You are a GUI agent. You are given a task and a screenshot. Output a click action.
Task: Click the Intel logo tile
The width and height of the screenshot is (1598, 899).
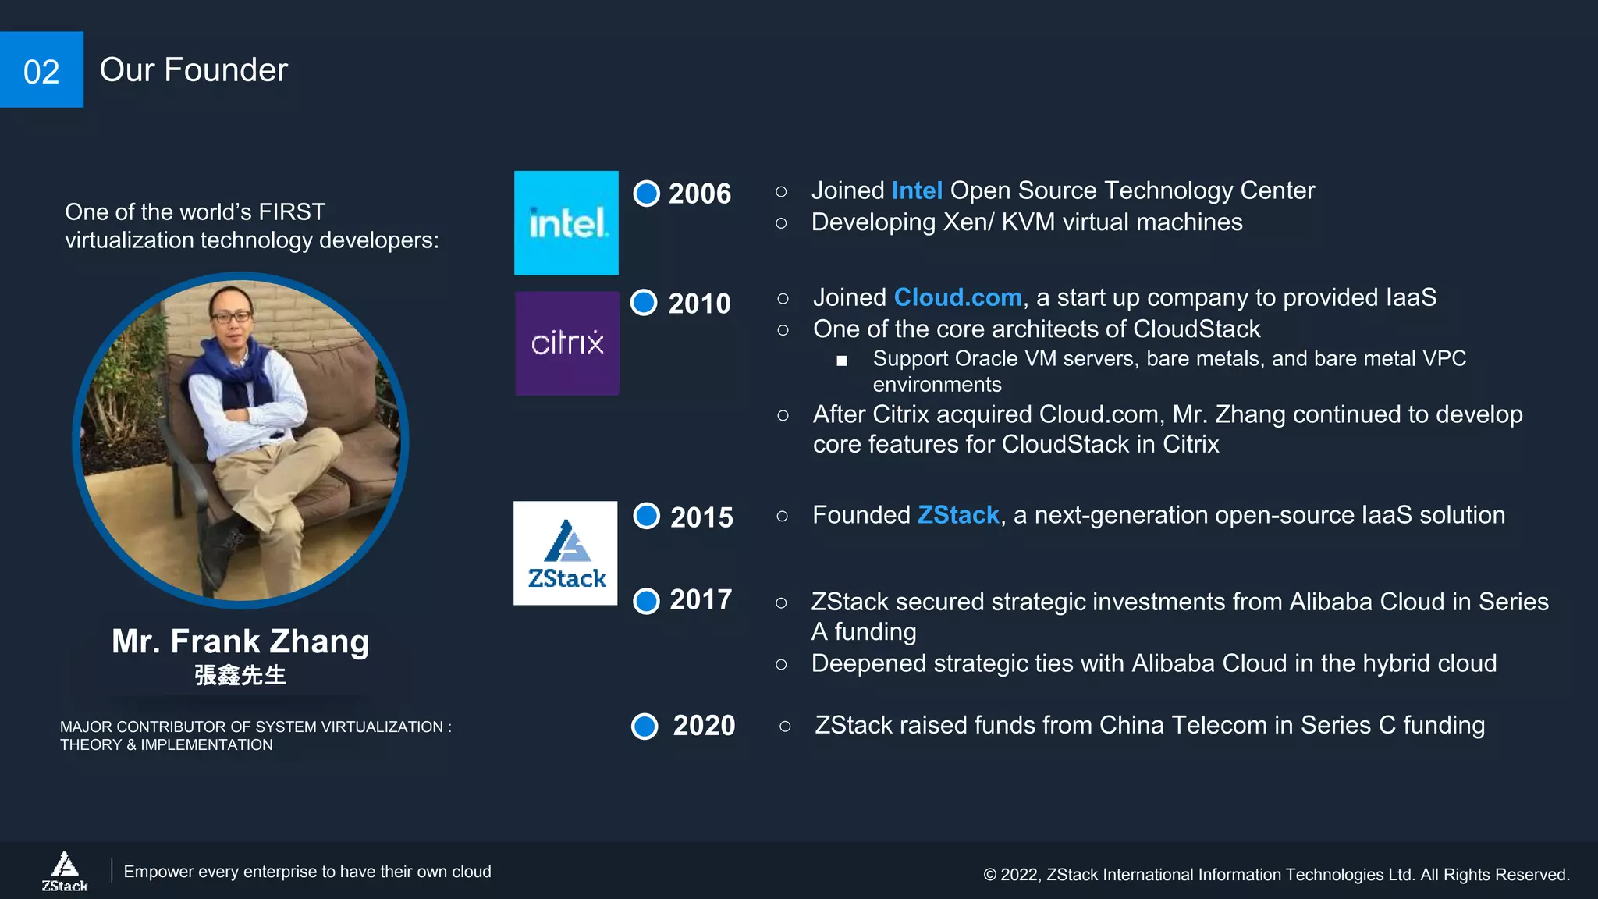pyautogui.click(x=566, y=223)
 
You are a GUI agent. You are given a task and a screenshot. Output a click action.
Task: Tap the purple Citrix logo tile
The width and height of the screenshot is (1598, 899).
pyautogui.click(x=567, y=343)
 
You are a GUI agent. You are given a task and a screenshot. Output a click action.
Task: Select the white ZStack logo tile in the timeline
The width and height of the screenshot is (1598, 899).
pyautogui.click(x=566, y=553)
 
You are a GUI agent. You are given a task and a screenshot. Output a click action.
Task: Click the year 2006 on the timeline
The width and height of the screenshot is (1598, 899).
pyautogui.click(x=699, y=194)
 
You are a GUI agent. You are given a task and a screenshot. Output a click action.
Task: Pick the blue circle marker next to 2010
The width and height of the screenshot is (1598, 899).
pyautogui.click(x=645, y=302)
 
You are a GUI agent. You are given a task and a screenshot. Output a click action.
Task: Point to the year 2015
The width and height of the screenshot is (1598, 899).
pyautogui.click(x=701, y=517)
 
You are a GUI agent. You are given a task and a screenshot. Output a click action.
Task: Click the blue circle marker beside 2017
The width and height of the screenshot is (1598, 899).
pyautogui.click(x=647, y=601)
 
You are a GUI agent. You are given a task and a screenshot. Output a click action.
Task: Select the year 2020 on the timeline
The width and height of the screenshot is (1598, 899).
pyautogui.click(x=704, y=726)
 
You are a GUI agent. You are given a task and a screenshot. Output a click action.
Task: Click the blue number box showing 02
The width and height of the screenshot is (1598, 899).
pyautogui.click(x=41, y=70)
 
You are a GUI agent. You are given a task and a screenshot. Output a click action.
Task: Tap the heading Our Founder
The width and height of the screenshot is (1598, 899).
pyautogui.click(x=194, y=70)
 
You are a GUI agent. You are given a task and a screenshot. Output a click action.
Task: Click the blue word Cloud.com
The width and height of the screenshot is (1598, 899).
pyautogui.click(x=957, y=297)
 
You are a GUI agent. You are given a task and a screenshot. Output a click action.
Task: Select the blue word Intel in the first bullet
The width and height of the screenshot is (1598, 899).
pyautogui.click(x=917, y=190)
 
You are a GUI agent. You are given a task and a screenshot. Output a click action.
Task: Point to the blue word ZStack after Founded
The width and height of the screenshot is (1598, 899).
pyautogui.click(x=958, y=515)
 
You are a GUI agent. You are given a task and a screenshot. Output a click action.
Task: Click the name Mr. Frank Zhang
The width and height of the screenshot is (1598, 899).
pyautogui.click(x=240, y=641)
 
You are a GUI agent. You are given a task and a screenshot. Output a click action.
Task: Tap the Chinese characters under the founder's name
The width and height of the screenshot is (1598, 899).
pyautogui.click(x=240, y=675)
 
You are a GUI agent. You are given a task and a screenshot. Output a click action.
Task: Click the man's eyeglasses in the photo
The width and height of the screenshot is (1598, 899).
pyautogui.click(x=231, y=317)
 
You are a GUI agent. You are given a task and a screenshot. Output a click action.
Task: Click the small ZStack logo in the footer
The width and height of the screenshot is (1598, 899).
pyautogui.click(x=65, y=871)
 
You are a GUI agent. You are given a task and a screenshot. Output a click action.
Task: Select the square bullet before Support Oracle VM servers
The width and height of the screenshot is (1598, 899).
pyautogui.click(x=842, y=361)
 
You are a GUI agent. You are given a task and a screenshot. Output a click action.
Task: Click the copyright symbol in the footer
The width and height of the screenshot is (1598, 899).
pyautogui.click(x=989, y=876)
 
